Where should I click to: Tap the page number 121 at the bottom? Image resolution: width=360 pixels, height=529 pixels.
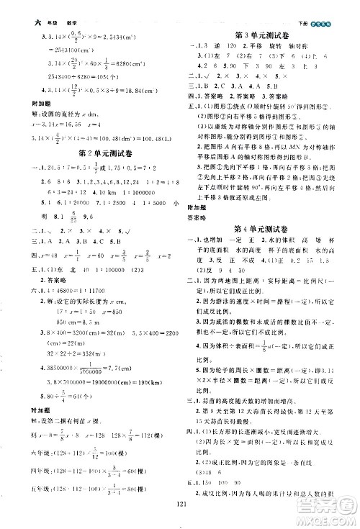[181, 504]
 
